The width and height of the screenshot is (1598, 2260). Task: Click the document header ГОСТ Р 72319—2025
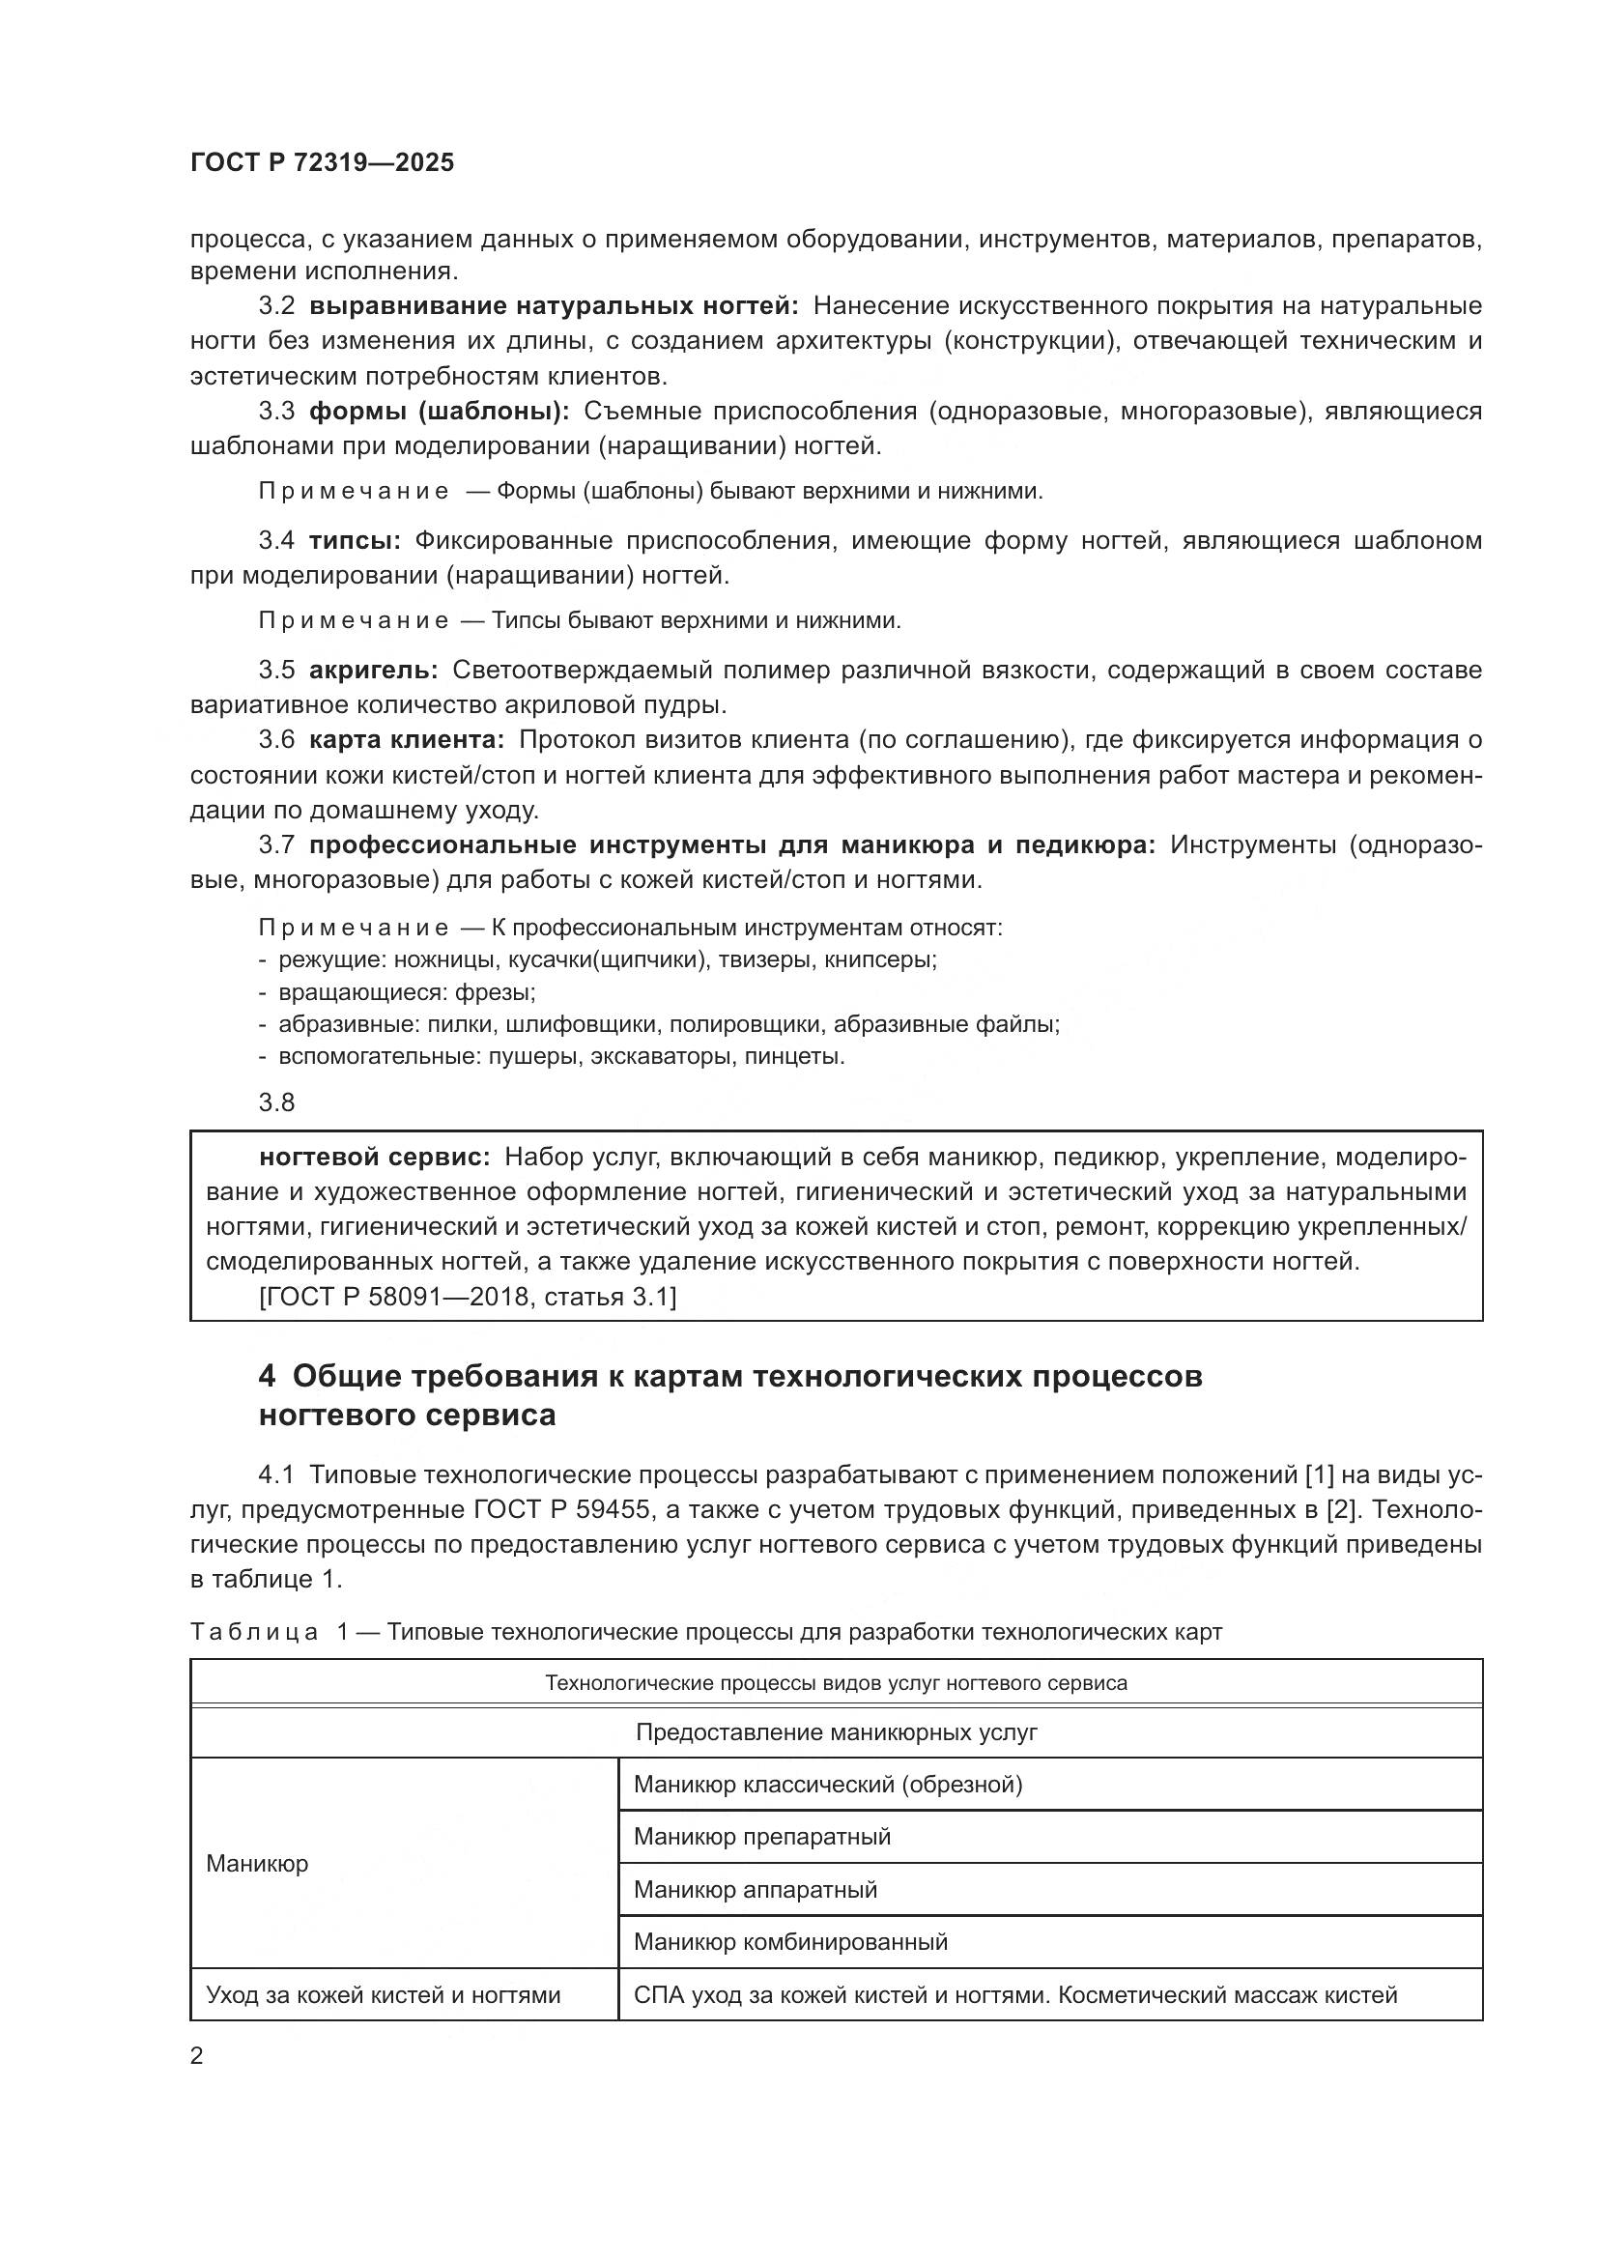pyautogui.click(x=322, y=163)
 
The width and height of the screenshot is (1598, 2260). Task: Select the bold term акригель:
pyautogui.click(x=373, y=671)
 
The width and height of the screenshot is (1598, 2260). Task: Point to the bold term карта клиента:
pyautogui.click(x=407, y=739)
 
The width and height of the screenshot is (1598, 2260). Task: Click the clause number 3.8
pyautogui.click(x=276, y=1101)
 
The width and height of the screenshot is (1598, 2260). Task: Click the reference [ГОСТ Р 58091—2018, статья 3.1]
pyautogui.click(x=468, y=1297)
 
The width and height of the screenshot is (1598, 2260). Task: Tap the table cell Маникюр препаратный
pyautogui.click(x=761, y=1837)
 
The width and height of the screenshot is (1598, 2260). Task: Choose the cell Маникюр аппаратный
pyautogui.click(x=755, y=1890)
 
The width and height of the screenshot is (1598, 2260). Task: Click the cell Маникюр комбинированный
pyautogui.click(x=790, y=1942)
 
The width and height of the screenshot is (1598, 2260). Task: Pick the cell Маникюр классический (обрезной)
pyautogui.click(x=828, y=1785)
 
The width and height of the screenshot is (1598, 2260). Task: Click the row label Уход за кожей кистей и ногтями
pyautogui.click(x=383, y=1995)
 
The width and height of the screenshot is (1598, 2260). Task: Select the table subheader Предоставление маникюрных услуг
pyautogui.click(x=836, y=1732)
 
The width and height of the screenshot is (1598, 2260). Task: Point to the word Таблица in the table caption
pyautogui.click(x=254, y=1632)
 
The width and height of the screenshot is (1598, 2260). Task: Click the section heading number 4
pyautogui.click(x=267, y=1376)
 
